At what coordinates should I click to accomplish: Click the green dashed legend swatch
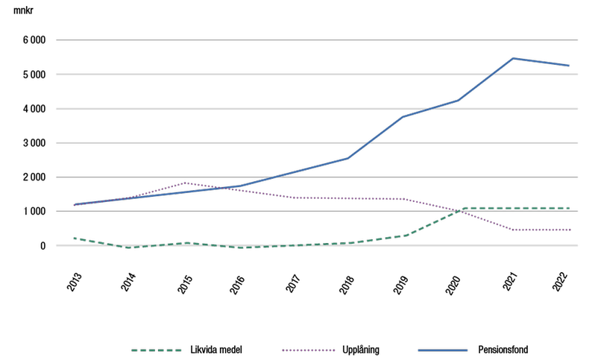[157, 350]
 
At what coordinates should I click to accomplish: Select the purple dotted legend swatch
[309, 350]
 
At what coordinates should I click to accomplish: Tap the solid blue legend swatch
[442, 350]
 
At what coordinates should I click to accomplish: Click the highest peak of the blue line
[513, 58]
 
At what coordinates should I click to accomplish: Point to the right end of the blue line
[569, 66]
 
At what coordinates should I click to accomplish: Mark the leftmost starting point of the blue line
[75, 204]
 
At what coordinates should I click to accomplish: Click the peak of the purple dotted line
[184, 183]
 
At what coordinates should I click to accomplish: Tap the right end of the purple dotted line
[570, 230]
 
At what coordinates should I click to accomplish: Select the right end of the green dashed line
[570, 208]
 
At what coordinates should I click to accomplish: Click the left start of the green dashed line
[75, 238]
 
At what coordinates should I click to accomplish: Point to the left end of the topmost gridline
[56, 40]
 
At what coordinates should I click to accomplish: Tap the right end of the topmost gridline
[578, 40]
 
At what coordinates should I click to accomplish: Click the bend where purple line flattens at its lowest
[513, 230]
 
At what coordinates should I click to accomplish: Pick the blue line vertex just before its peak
[458, 100]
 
